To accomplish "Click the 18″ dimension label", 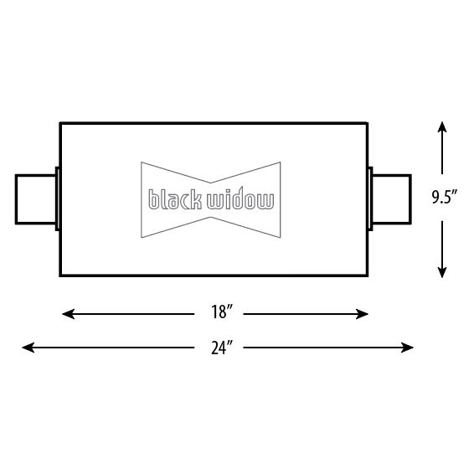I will click(x=221, y=314).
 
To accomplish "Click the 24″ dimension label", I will click(x=221, y=347).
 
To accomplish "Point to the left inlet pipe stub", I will click(x=35, y=199).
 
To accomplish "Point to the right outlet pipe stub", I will click(x=392, y=198).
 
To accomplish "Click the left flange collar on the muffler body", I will click(x=57, y=199).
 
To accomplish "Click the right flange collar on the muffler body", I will click(x=370, y=198).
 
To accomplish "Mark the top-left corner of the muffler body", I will click(x=60, y=124).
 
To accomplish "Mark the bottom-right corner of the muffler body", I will click(x=368, y=276).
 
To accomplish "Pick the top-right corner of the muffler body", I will click(x=368, y=124).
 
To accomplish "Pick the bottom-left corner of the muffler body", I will click(x=60, y=276).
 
